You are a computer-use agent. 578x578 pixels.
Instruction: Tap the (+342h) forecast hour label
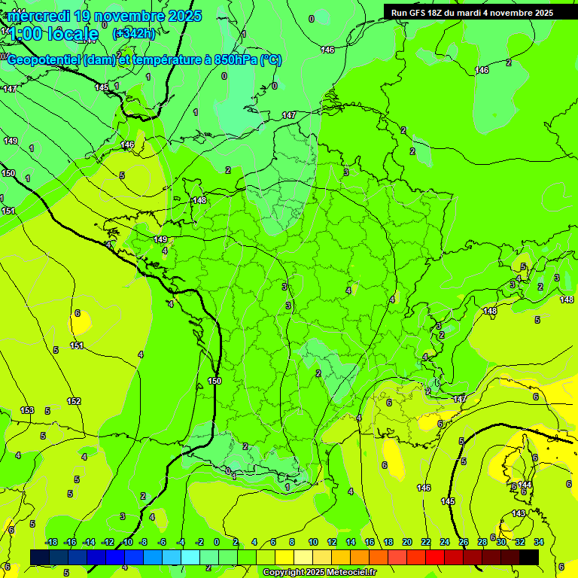[134, 33]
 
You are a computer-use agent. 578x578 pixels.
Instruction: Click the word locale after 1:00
[72, 34]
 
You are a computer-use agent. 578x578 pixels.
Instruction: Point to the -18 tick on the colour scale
[51, 542]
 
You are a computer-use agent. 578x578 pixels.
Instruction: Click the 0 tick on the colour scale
[217, 542]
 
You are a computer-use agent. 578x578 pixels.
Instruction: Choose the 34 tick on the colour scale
[539, 542]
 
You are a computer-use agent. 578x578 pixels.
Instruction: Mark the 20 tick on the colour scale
[407, 542]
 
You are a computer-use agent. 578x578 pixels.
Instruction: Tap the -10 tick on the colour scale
[126, 542]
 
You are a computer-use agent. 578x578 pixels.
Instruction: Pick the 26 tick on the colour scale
[464, 542]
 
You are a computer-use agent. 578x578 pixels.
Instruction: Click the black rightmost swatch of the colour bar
[529, 556]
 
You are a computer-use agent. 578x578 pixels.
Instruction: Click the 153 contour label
[27, 410]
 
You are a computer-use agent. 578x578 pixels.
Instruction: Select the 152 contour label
[74, 401]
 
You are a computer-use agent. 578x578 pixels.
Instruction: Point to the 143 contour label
[519, 514]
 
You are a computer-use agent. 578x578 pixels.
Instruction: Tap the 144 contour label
[525, 485]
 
